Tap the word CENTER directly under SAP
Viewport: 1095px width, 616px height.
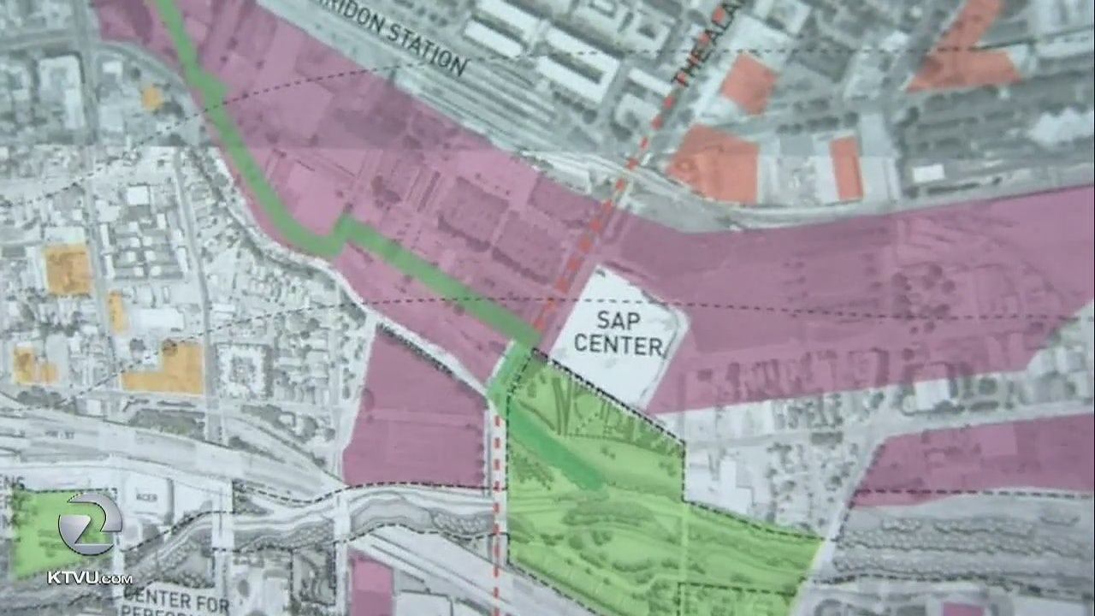point(618,346)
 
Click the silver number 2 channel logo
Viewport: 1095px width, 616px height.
point(89,524)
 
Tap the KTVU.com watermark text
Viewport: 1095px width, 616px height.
point(89,577)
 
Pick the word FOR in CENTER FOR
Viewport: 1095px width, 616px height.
point(210,604)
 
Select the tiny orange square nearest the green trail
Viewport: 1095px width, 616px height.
point(151,98)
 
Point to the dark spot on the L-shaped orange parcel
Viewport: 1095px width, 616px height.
point(169,347)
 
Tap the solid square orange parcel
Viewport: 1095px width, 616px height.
point(67,269)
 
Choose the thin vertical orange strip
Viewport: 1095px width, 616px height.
point(116,311)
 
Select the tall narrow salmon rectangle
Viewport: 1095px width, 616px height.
point(845,168)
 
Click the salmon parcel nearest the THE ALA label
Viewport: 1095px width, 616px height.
point(748,84)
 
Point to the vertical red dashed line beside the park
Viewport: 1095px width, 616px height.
point(496,513)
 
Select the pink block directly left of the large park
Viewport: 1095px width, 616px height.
point(415,419)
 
